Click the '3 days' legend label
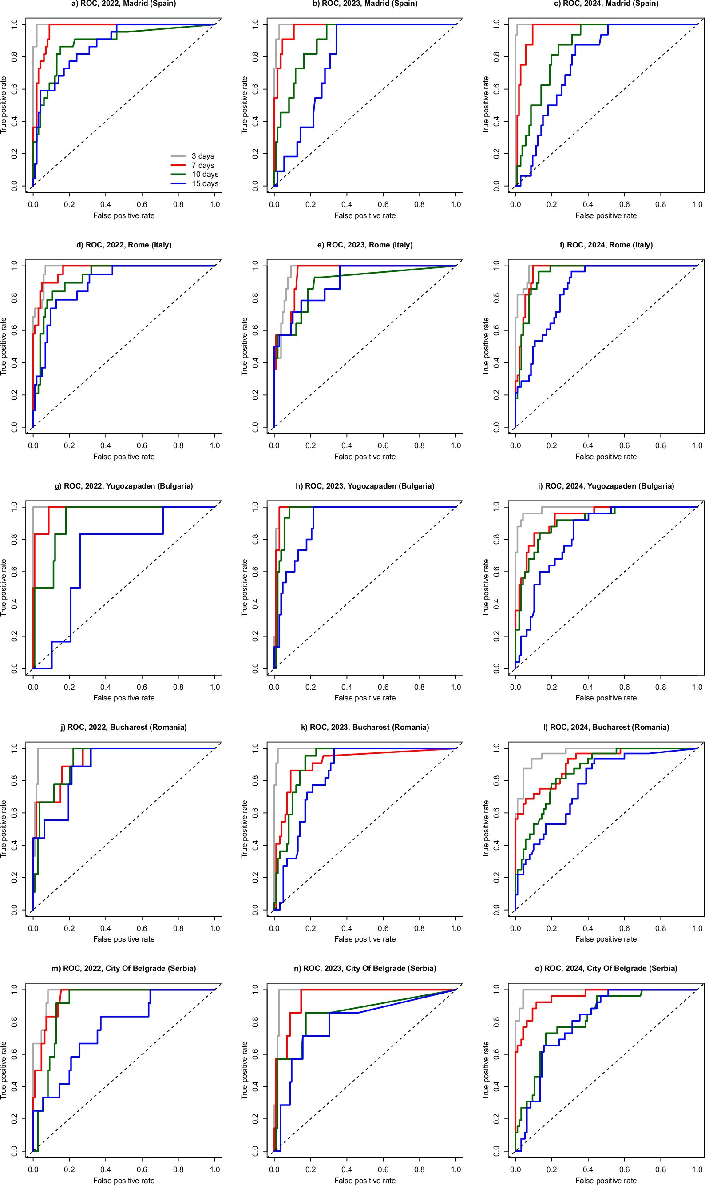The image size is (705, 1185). [203, 156]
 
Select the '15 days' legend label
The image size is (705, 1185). [205, 183]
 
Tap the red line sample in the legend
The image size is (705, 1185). [178, 165]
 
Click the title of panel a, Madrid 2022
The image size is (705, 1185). [123, 4]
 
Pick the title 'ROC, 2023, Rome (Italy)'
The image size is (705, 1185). [365, 245]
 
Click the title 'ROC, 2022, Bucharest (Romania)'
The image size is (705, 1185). [123, 727]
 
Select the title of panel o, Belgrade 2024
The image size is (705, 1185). [606, 968]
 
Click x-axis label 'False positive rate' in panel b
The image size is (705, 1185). [365, 215]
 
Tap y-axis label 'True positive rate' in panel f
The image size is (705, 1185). [486, 346]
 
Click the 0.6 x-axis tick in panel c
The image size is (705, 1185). [624, 204]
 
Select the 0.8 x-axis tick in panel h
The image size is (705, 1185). [420, 687]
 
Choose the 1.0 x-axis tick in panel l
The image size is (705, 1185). [697, 928]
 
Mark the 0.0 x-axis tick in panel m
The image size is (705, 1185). [33, 1169]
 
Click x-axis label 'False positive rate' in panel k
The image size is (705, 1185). [365, 939]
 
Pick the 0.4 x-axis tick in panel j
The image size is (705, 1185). [106, 928]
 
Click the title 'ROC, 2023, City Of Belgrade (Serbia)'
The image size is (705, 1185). [365, 968]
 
